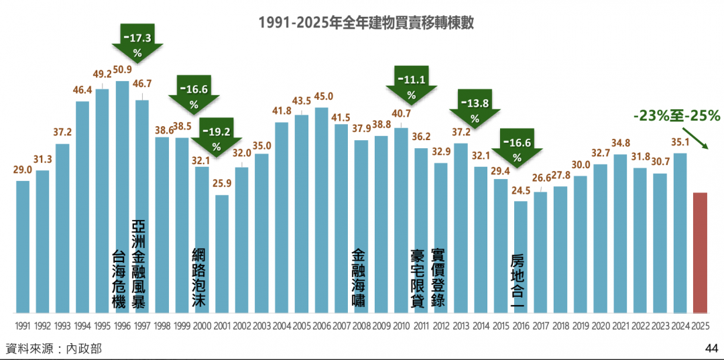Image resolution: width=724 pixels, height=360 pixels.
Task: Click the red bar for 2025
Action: pos(700,253)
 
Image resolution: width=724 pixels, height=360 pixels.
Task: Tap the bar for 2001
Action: pos(222,254)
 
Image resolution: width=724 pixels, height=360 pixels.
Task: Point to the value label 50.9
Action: pos(123,69)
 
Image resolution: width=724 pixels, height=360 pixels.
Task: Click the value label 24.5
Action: pos(520,190)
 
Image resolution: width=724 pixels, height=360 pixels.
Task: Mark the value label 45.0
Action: pos(322,96)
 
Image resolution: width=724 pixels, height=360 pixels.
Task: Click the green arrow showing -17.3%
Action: pos(137,43)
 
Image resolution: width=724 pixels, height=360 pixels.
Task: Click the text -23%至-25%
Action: pos(676,116)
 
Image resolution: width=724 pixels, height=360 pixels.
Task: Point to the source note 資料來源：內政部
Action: pos(54,349)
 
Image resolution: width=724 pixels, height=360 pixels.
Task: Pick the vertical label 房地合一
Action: pos(517,281)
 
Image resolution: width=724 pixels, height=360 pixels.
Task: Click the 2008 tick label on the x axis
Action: pos(361,327)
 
